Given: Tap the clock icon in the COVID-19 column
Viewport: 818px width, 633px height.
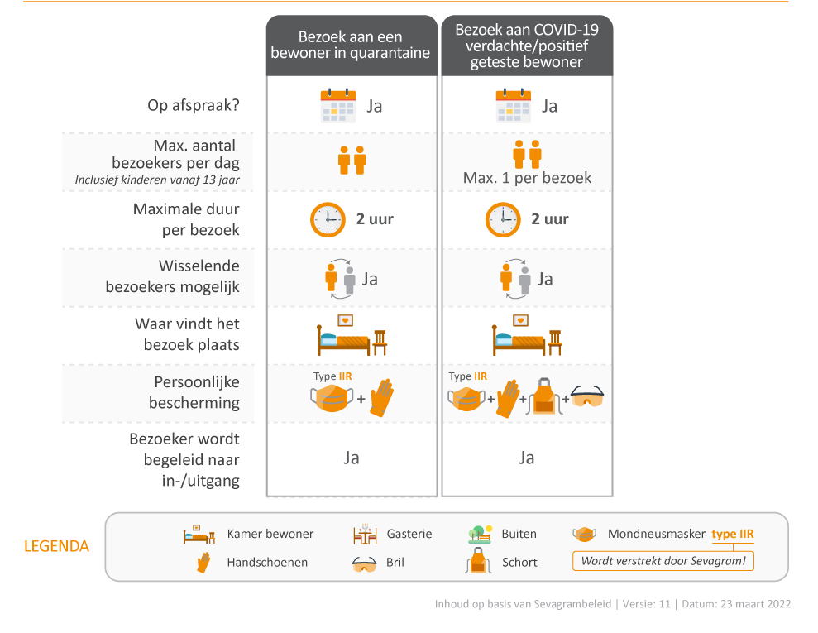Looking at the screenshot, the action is click(x=503, y=220).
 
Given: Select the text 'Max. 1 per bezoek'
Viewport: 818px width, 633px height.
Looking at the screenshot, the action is click(x=527, y=178).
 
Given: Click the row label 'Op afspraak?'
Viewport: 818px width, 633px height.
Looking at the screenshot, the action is click(x=194, y=105).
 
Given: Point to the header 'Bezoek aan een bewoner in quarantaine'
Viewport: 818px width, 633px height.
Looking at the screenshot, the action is click(x=351, y=45).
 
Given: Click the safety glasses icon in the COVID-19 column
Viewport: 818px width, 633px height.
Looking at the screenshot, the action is click(x=587, y=396).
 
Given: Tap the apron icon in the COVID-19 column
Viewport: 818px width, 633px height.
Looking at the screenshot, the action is click(x=544, y=396).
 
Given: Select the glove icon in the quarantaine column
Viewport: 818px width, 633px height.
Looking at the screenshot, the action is click(x=382, y=398).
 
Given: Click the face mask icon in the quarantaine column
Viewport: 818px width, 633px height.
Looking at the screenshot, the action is click(x=332, y=398).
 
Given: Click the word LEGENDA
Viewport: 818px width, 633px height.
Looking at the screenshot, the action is click(x=56, y=546).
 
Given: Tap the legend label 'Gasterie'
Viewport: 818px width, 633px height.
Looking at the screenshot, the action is click(x=409, y=534).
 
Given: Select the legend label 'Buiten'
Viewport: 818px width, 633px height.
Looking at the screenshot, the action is click(x=519, y=534).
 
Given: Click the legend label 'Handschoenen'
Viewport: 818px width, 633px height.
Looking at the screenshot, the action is click(x=267, y=562).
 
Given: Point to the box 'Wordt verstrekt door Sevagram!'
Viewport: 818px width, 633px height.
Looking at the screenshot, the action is click(x=663, y=561).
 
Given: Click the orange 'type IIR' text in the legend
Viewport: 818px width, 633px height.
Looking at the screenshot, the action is click(x=733, y=534).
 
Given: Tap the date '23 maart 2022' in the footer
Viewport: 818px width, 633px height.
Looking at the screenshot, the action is click(x=756, y=604).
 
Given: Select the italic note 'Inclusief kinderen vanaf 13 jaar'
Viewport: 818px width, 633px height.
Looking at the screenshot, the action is click(x=157, y=180).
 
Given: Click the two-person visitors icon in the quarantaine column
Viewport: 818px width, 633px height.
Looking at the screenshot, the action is click(x=352, y=161).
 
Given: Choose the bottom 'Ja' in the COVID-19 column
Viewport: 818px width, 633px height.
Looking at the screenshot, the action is click(x=526, y=458).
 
